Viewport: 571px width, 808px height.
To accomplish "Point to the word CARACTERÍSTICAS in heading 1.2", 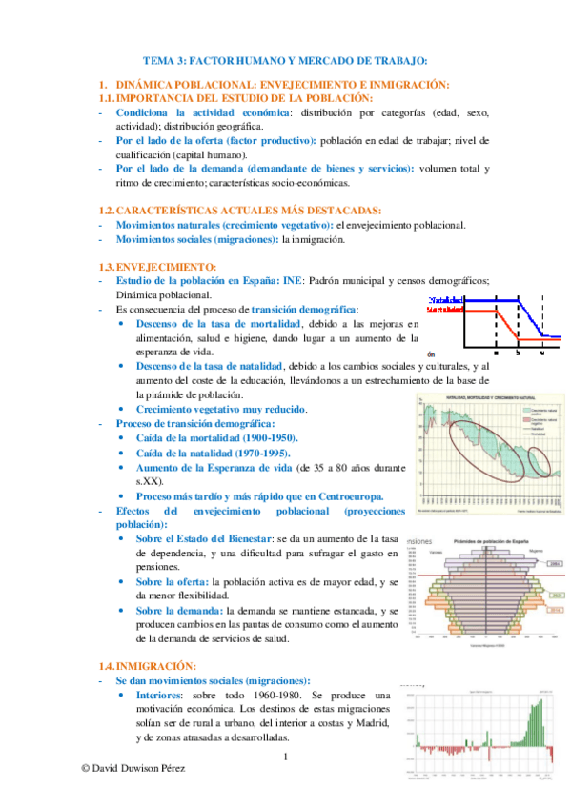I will point(166,210).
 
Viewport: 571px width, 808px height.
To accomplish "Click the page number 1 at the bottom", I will point(285,757).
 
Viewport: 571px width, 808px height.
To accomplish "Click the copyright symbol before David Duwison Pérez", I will point(86,767).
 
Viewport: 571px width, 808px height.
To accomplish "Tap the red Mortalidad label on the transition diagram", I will point(445,309).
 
